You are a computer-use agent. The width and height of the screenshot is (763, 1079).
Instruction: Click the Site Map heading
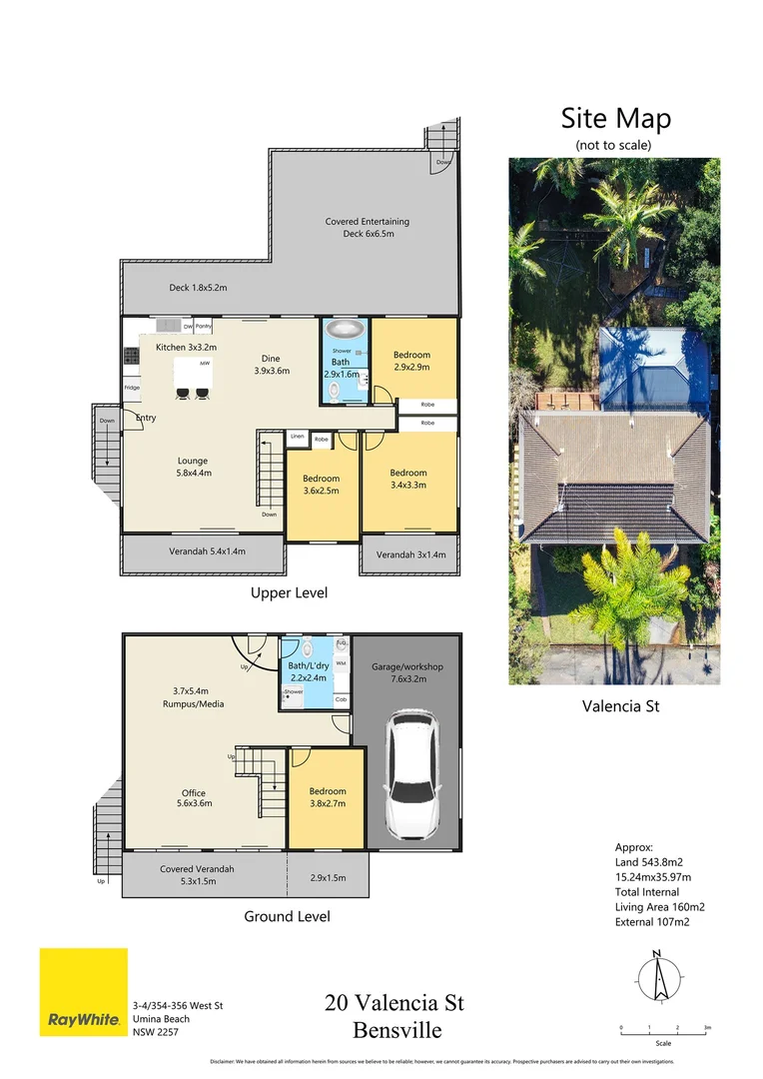615,119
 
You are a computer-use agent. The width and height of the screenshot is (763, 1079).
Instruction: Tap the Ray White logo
83,992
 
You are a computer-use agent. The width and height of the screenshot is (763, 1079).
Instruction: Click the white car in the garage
406,774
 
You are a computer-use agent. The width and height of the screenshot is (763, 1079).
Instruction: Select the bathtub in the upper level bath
346,330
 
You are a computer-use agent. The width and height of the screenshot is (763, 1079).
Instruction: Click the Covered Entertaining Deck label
367,228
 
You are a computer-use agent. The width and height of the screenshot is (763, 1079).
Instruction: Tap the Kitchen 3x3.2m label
186,347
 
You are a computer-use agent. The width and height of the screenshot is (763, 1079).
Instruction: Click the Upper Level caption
288,592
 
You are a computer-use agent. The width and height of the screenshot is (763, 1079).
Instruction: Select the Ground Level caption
287,915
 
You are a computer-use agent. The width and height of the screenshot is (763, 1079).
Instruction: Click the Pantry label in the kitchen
203,326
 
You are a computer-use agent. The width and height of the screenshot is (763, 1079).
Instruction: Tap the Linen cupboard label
297,438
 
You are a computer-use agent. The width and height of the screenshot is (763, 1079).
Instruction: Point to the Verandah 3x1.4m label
410,552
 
